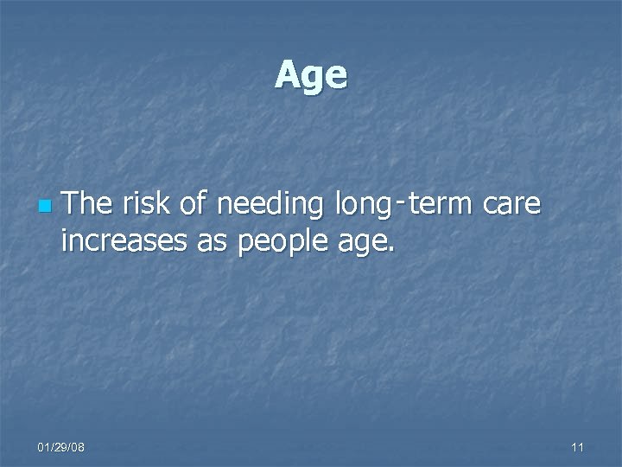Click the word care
pos(512,207)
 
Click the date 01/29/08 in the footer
pos(60,447)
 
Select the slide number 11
pos(578,447)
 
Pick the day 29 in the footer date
pos(60,447)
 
